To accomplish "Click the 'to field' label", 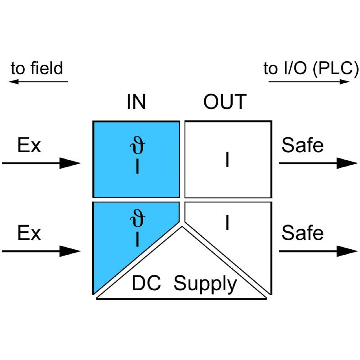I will click(37, 69).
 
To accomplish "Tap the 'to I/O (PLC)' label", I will click(311, 69).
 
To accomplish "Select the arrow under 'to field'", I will click(38, 82).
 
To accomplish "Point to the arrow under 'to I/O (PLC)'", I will click(309, 82).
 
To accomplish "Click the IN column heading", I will click(136, 102).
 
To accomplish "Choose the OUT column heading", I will click(225, 102).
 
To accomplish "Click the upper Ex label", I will click(29, 146).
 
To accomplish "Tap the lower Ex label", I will click(29, 234).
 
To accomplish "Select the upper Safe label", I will click(302, 146).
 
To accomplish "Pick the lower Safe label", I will click(302, 234).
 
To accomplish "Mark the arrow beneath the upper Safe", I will click(319, 163).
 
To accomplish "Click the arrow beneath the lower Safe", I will click(319, 251).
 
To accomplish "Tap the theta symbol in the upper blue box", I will click(137, 148).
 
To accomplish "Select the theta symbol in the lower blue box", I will click(137, 221).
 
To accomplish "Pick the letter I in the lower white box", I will click(227, 223).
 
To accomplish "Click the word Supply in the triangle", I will click(205, 284).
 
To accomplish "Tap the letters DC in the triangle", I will click(147, 284).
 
